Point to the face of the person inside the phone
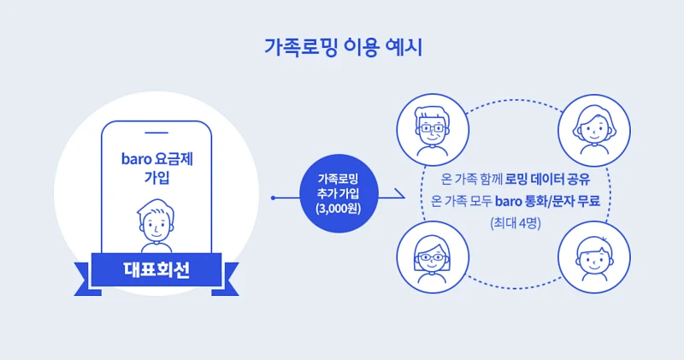[x=156, y=223]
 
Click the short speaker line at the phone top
[x=156, y=133]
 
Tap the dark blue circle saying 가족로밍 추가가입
[x=338, y=193]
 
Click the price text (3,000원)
[x=338, y=208]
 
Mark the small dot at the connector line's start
[x=272, y=198]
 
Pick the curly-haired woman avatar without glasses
[x=591, y=130]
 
